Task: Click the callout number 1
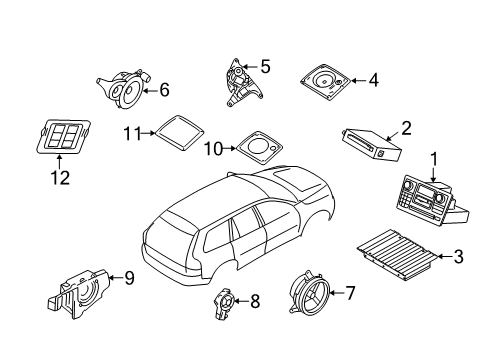[434, 157]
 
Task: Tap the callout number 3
[458, 257]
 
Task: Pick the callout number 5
[264, 66]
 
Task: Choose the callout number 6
[163, 89]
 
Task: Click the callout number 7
[350, 293]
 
